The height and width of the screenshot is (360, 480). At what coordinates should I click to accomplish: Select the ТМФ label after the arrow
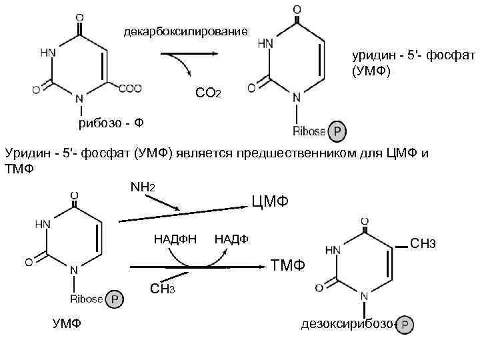pyautogui.click(x=288, y=266)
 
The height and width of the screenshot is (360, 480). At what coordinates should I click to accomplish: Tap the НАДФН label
pyautogui.click(x=175, y=239)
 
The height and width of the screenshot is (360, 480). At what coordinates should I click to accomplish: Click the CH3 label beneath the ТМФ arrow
pyautogui.click(x=163, y=289)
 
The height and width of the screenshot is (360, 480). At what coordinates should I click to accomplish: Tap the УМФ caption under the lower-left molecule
pyautogui.click(x=67, y=325)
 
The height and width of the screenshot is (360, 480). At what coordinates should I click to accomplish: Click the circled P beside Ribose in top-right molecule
pyautogui.click(x=338, y=132)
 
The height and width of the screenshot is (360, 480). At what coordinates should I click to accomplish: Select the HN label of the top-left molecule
pyautogui.click(x=48, y=52)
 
